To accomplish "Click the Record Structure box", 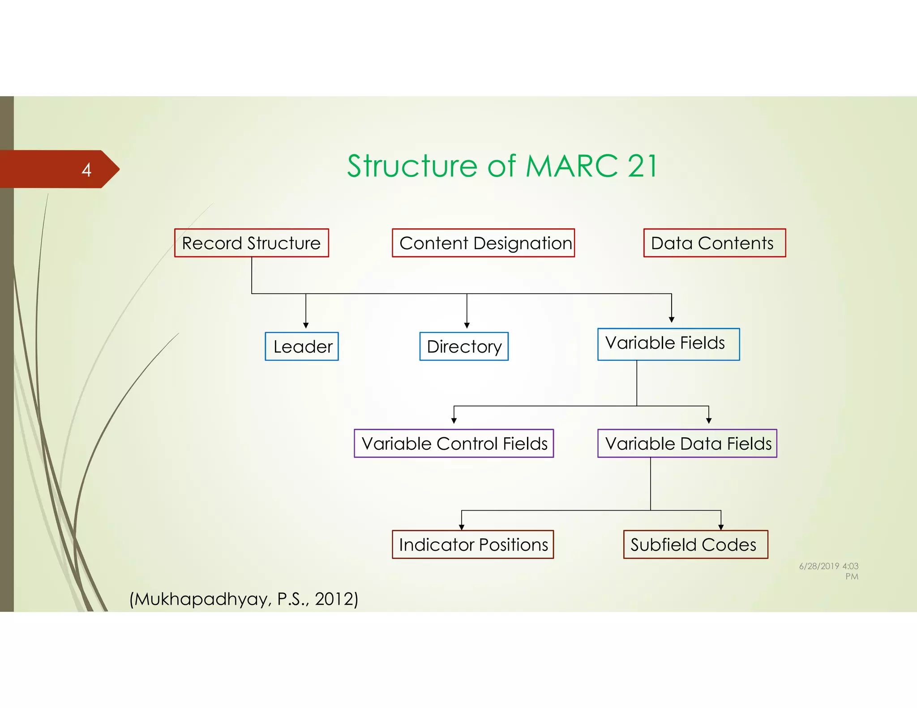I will click(251, 243).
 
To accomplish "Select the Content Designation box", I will click(483, 243).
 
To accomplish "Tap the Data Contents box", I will click(714, 243).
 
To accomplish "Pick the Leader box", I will click(302, 346).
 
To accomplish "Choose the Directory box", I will click(464, 346).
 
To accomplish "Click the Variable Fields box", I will click(668, 344).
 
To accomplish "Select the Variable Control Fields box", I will click(454, 444).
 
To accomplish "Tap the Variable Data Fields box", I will click(687, 444).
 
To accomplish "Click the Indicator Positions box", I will click(473, 545).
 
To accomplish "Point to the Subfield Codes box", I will click(695, 545).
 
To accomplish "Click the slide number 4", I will click(86, 170).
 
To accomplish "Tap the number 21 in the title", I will click(643, 166).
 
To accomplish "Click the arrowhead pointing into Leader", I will click(306, 325).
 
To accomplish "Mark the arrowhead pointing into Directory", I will click(467, 325).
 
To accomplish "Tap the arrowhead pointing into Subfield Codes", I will click(721, 527).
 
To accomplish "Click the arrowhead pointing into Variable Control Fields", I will click(454, 421).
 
